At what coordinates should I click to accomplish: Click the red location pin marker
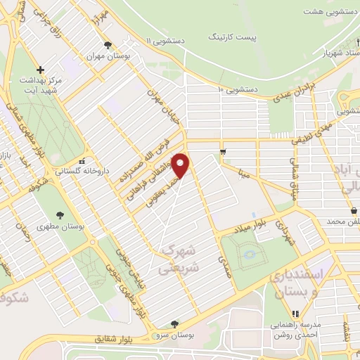[181, 165]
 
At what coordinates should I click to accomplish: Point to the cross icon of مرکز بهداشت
[41, 70]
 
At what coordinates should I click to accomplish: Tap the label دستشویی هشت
[328, 12]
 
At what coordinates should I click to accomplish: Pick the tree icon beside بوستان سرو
[174, 324]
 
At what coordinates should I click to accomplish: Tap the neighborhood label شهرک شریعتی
[180, 259]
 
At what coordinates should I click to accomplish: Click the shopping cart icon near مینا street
[223, 151]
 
